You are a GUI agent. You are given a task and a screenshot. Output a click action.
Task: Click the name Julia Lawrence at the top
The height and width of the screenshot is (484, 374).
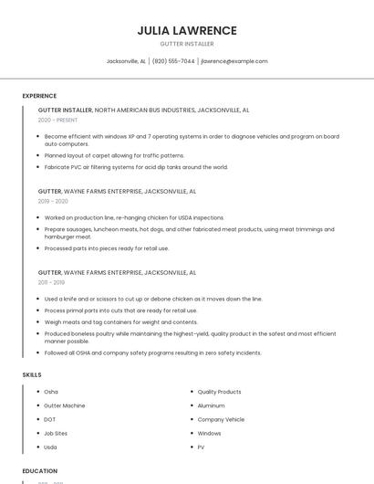[x=187, y=30]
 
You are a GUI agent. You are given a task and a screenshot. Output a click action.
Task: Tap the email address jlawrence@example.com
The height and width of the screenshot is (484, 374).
[x=234, y=61]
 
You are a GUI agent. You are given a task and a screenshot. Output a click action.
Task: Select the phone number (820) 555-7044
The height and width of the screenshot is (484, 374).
[x=173, y=61]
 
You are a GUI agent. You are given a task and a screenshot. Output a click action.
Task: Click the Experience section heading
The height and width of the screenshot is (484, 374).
[x=39, y=96]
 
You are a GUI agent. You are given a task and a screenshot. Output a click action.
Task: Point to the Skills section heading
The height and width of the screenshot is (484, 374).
[x=32, y=374]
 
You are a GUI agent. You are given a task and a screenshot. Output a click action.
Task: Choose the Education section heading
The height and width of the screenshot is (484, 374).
[x=40, y=471]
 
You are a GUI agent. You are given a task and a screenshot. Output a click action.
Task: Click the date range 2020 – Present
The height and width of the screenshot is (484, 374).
[x=58, y=121]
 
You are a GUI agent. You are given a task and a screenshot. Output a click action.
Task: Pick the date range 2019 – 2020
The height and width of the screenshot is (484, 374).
[x=53, y=201]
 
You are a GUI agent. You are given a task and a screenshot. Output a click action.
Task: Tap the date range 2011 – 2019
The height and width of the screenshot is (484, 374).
[x=52, y=283]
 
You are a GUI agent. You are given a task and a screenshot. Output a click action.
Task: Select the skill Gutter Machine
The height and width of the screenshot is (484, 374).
[x=65, y=405]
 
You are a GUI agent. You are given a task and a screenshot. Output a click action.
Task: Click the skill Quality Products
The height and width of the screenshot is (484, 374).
[x=219, y=392]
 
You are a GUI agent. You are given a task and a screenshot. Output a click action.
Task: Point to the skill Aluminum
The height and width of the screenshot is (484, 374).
[x=211, y=405]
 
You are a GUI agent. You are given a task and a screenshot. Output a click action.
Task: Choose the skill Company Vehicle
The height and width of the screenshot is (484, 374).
[x=221, y=419]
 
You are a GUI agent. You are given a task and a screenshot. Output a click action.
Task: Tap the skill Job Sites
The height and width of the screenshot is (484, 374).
[x=56, y=433]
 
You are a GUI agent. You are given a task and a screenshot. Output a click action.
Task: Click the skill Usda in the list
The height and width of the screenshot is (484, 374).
[x=50, y=447]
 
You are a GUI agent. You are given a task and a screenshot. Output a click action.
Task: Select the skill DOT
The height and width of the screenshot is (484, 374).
[x=50, y=419]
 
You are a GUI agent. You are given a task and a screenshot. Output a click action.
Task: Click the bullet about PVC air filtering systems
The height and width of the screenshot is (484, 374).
[x=136, y=167]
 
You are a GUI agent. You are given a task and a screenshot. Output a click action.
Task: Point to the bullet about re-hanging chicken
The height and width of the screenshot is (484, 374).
[x=134, y=217]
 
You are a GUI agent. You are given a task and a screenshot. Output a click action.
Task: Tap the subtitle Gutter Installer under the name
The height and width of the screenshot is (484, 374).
[x=187, y=44]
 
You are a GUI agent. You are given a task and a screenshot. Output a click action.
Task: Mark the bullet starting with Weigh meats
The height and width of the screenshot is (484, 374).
[x=120, y=321]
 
